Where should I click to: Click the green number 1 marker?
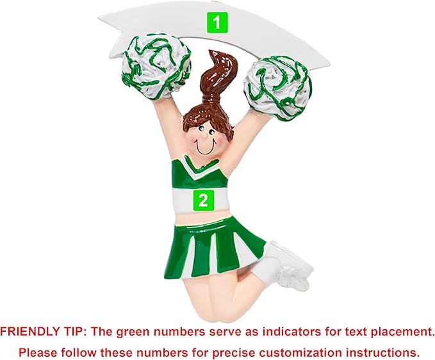tap(217, 23)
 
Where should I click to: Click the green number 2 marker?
tap(203, 200)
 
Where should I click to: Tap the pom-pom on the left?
tap(156, 67)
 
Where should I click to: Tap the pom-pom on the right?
tap(277, 88)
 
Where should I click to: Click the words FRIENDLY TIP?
tap(43, 332)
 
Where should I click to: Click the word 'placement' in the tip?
tap(402, 332)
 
